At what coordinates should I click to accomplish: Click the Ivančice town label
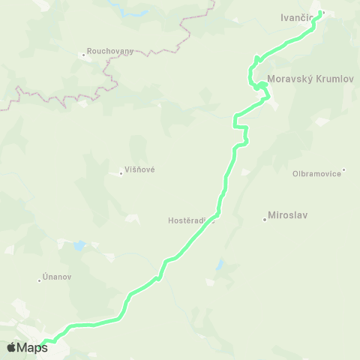pyautogui.click(x=297, y=17)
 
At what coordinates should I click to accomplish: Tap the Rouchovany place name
pyautogui.click(x=111, y=51)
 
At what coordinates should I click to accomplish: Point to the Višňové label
pyautogui.click(x=139, y=170)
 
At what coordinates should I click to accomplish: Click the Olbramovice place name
pyautogui.click(x=316, y=173)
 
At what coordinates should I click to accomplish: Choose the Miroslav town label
pyautogui.click(x=291, y=215)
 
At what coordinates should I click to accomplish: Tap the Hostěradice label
pyautogui.click(x=190, y=221)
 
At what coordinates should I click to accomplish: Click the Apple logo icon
pyautogui.click(x=11, y=347)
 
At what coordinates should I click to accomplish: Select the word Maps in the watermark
pyautogui.click(x=32, y=347)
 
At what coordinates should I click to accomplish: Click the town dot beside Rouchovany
pyautogui.click(x=84, y=55)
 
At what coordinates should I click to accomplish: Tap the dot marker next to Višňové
pyautogui.click(x=121, y=173)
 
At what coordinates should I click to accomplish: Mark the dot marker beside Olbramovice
pyautogui.click(x=343, y=169)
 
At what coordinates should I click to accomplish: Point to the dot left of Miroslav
pyautogui.click(x=265, y=220)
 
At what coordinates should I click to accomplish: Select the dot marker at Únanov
pyautogui.click(x=39, y=280)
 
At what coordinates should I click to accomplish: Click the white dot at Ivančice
pyautogui.click(x=322, y=13)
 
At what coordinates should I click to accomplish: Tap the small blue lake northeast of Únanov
pyautogui.click(x=79, y=245)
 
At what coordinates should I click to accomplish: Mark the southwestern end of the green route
pyautogui.click(x=45, y=344)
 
